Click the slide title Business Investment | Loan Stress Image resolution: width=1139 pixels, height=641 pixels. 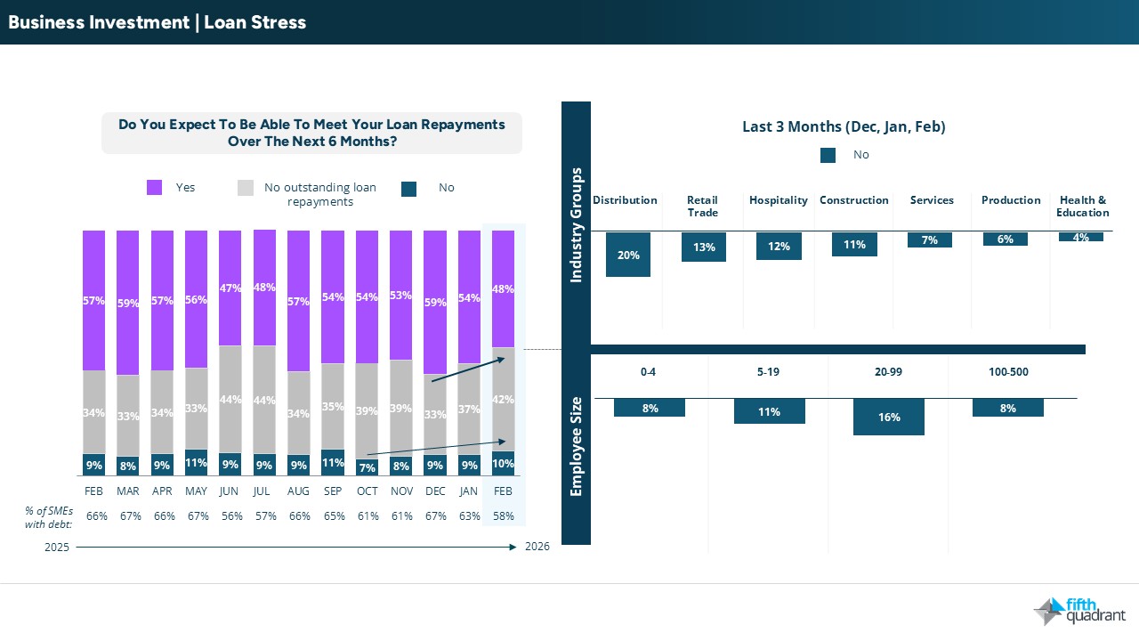[158, 22]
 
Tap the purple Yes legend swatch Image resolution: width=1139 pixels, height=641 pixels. [155, 188]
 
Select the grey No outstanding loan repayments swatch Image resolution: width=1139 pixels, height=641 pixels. [246, 188]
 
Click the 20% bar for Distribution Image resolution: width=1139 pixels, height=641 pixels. [628, 255]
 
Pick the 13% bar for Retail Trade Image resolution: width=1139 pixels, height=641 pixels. [704, 247]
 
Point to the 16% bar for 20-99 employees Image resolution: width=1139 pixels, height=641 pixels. [888, 417]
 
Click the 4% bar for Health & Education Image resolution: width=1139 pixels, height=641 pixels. [1081, 237]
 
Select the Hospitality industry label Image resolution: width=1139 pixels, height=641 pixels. [779, 200]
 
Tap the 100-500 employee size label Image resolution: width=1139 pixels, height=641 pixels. [1008, 372]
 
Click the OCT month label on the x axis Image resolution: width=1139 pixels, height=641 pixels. [367, 491]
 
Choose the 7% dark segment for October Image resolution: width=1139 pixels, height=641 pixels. [367, 467]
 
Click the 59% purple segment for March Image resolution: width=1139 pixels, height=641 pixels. [128, 303]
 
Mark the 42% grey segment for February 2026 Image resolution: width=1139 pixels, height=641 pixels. [503, 399]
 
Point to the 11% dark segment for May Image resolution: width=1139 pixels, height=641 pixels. [196, 463]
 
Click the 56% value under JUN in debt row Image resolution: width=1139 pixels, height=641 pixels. [230, 516]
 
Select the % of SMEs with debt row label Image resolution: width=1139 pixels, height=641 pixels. [48, 516]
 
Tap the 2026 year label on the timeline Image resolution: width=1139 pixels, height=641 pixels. [537, 547]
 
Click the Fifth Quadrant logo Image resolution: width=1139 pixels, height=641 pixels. [1079, 611]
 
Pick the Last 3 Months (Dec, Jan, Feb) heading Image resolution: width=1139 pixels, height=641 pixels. [844, 127]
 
